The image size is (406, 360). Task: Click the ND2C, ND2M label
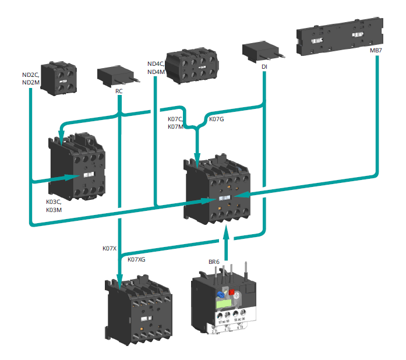point(31,79)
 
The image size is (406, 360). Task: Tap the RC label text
point(119,91)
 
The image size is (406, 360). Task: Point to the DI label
point(264,68)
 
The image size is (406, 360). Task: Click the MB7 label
point(376,51)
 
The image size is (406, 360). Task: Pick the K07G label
point(216,119)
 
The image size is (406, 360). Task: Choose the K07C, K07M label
point(175,123)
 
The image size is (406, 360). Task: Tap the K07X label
point(110,249)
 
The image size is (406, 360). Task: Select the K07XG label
point(136,259)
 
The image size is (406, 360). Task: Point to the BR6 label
point(214,262)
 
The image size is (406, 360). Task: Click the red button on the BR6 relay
point(231,292)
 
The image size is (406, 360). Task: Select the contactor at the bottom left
point(137,309)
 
